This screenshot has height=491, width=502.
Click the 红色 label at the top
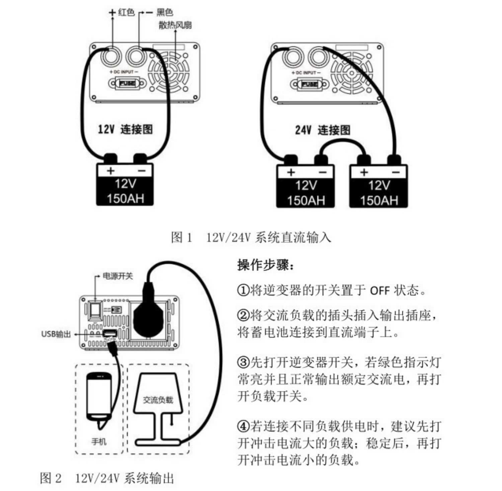click(126, 12)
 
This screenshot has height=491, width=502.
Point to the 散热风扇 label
click(175, 25)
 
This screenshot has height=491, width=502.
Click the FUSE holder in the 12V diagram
click(127, 83)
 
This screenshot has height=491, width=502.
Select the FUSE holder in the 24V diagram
click(309, 84)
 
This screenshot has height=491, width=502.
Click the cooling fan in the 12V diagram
click(169, 72)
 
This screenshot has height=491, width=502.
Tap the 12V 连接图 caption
click(125, 129)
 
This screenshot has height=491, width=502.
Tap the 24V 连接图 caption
click(323, 130)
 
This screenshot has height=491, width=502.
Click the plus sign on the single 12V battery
click(110, 171)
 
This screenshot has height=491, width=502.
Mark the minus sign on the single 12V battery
click(142, 171)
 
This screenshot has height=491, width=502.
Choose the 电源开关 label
click(117, 276)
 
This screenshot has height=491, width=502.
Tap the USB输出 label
click(56, 334)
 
